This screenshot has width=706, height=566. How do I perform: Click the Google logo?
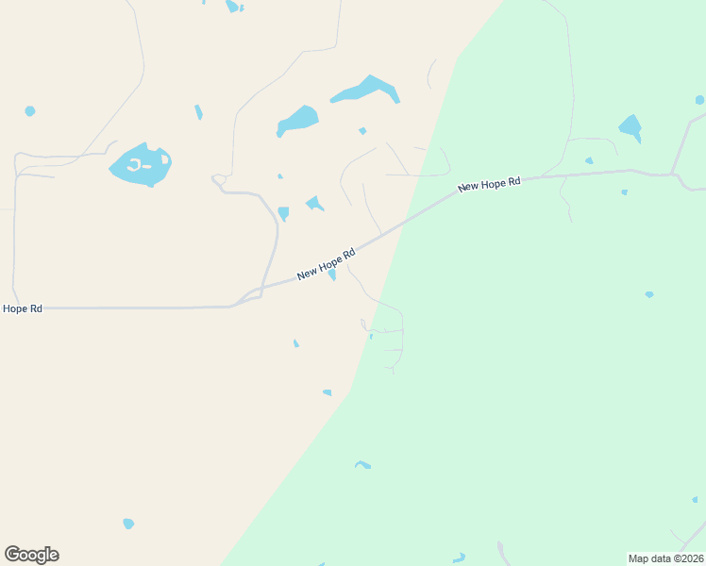pyautogui.click(x=32, y=555)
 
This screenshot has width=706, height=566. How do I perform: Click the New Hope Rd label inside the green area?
pyautogui.click(x=489, y=185)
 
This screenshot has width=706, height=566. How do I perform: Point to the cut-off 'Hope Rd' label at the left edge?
pyautogui.click(x=23, y=308)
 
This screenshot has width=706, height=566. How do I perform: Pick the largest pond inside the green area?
pyautogui.click(x=630, y=126)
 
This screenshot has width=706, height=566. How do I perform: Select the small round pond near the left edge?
pyautogui.click(x=30, y=111)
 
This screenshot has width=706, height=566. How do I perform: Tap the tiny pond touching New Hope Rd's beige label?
pyautogui.click(x=332, y=275)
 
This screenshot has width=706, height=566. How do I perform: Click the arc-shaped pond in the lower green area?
pyautogui.click(x=362, y=464)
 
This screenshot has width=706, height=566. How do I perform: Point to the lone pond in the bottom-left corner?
pyautogui.click(x=128, y=524)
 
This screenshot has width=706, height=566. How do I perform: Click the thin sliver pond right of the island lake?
pyautogui.click(x=198, y=112)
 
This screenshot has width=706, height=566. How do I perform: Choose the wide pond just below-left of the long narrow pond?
pyautogui.click(x=297, y=121)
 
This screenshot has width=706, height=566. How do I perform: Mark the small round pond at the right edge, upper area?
pyautogui.click(x=699, y=100)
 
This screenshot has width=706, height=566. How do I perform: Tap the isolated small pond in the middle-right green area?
pyautogui.click(x=649, y=294)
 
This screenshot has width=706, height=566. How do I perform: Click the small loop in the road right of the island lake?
pyautogui.click(x=218, y=179)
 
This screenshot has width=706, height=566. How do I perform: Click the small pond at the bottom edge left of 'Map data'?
pyautogui.click(x=459, y=558)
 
